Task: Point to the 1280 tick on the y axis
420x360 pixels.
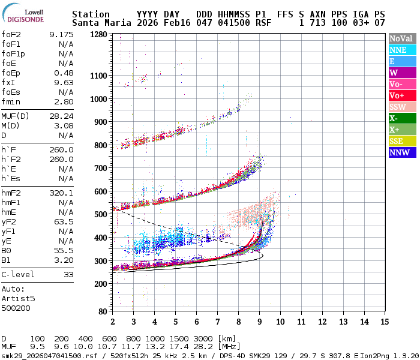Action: pyautogui.click(x=98, y=35)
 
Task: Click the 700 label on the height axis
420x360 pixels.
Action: pyautogui.click(x=100, y=169)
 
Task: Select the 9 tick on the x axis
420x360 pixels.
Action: pyautogui.click(x=259, y=322)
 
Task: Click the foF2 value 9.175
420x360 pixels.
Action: pyautogui.click(x=61, y=34)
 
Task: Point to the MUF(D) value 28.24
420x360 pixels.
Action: pyautogui.click(x=61, y=116)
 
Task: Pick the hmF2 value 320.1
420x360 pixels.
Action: pyautogui.click(x=61, y=193)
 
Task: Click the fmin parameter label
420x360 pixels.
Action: pyautogui.click(x=11, y=101)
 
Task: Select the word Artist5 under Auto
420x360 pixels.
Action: pyautogui.click(x=18, y=298)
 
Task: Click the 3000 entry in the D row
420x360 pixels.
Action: pyautogui.click(x=203, y=338)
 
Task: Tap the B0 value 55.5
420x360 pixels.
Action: pyautogui.click(x=64, y=251)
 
